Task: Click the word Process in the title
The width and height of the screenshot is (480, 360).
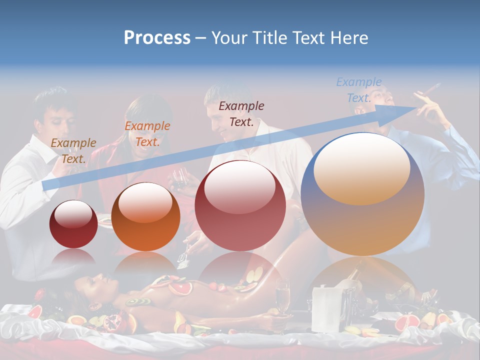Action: pyautogui.click(x=157, y=38)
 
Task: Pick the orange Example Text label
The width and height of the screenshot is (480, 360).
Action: pyautogui.click(x=147, y=134)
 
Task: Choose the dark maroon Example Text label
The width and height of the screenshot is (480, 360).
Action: pyautogui.click(x=241, y=113)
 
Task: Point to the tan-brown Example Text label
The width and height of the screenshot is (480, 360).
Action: pyautogui.click(x=73, y=151)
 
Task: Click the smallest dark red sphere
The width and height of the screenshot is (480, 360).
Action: pyautogui.click(x=73, y=224)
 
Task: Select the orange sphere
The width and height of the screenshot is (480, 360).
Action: pyautogui.click(x=145, y=216)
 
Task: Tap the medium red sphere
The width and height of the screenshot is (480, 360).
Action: pyautogui.click(x=240, y=205)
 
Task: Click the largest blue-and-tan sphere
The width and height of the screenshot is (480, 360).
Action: pyautogui.click(x=362, y=193)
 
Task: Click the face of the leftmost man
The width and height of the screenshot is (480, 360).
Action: pyautogui.click(x=54, y=117)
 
